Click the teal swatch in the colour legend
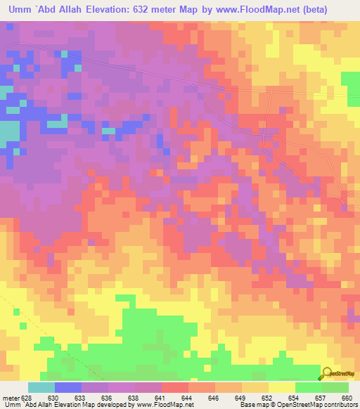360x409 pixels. (41, 387)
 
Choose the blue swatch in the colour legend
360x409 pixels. (68, 387)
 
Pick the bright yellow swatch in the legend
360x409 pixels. (282, 387)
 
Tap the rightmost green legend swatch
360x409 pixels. (335, 387)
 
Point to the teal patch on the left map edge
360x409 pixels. (9, 131)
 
